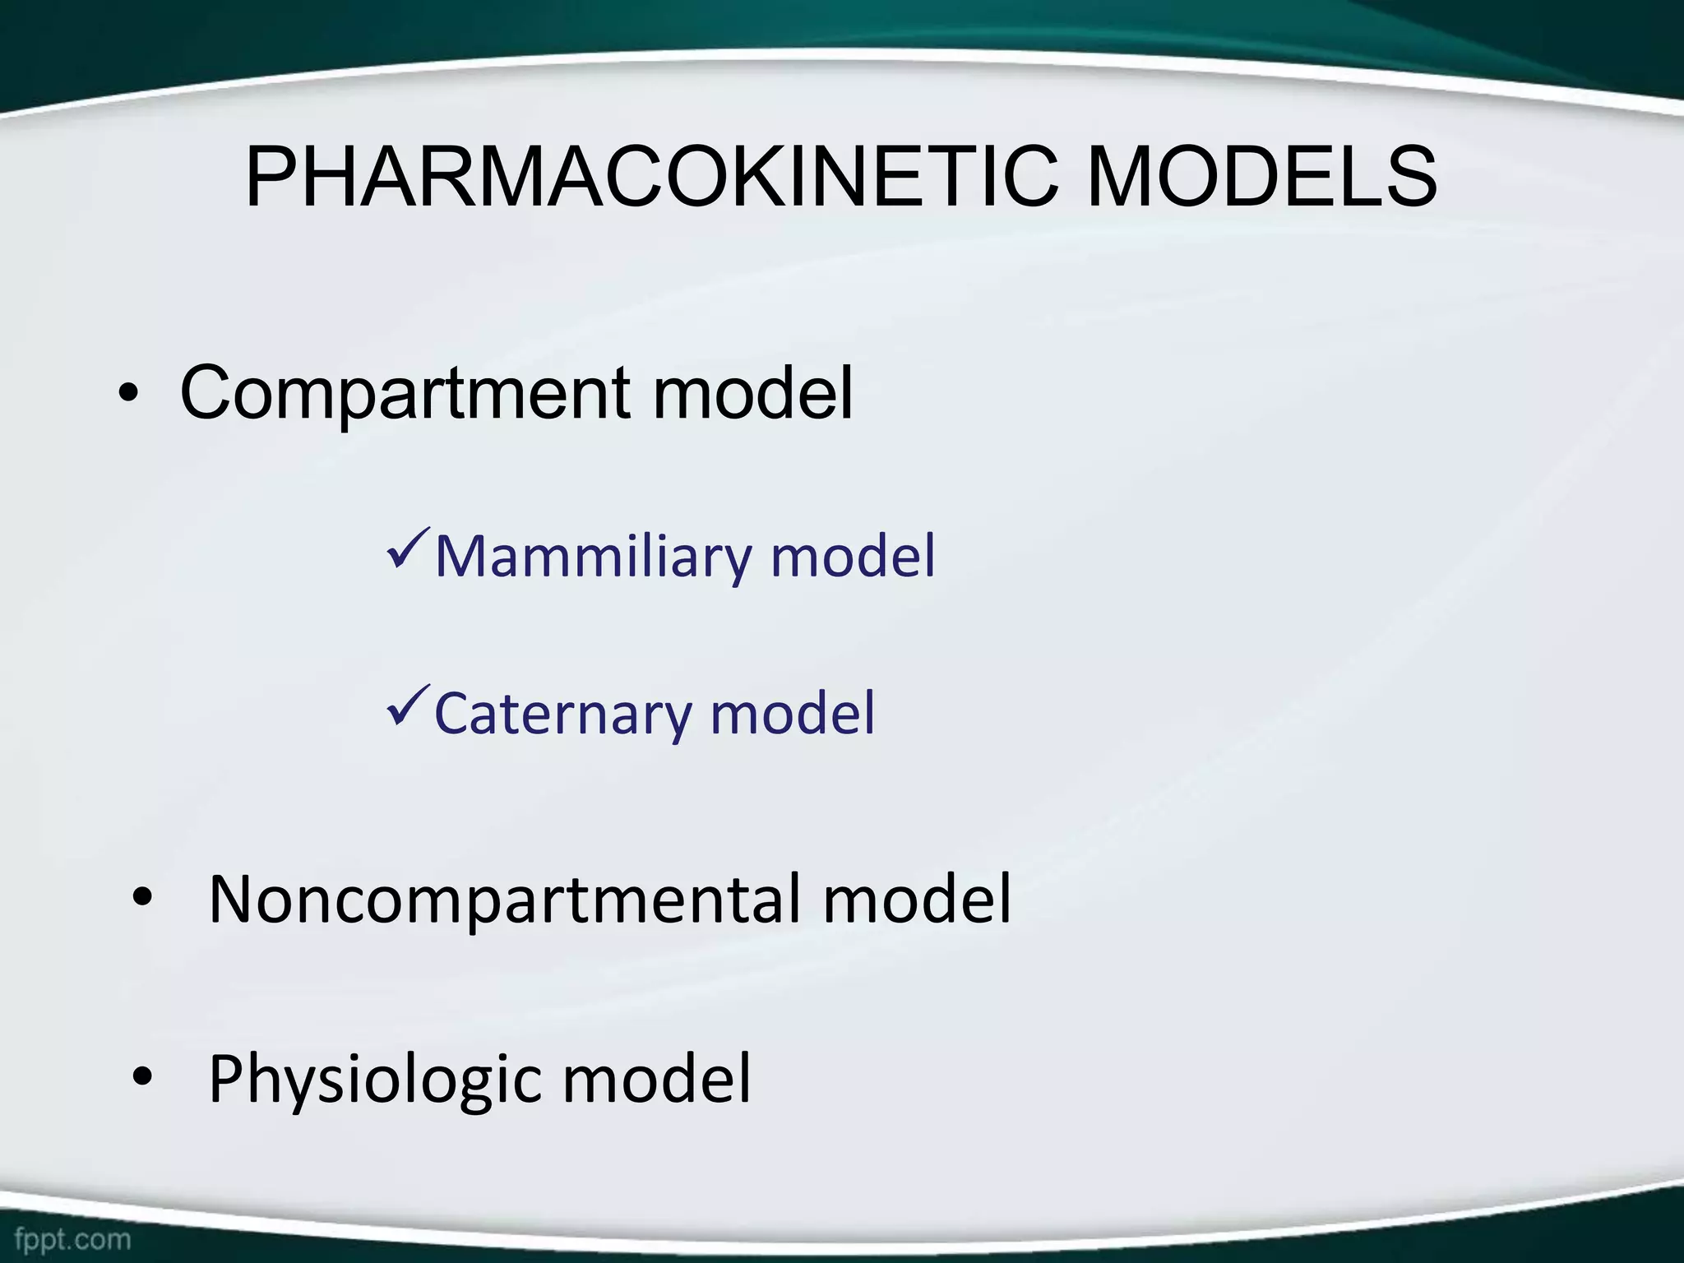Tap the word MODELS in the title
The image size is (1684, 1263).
1261,178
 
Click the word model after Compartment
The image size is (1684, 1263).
752,393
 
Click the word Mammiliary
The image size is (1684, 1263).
592,557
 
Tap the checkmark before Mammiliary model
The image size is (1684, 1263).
408,549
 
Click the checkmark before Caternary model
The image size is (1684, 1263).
408,706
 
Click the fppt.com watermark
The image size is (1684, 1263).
72,1238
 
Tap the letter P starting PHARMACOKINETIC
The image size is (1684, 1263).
271,178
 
